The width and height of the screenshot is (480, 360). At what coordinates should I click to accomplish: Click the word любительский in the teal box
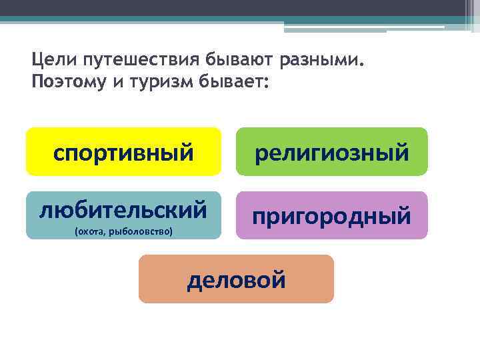(123, 210)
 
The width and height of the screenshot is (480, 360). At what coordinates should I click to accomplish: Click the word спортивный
(123, 152)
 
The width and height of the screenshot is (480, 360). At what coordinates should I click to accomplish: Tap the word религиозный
(332, 153)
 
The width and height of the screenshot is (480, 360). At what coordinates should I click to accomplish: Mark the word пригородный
(332, 216)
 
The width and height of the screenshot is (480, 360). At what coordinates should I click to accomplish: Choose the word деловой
(236, 279)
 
